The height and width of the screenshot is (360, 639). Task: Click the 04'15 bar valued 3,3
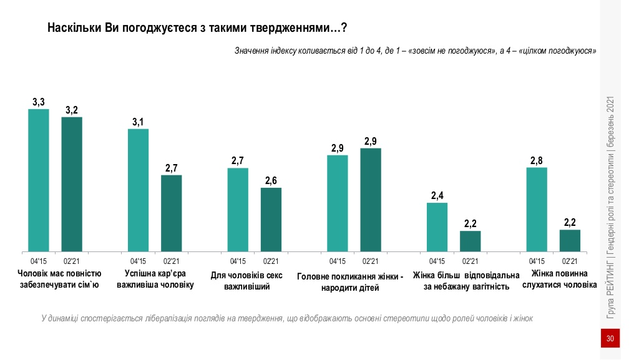[39, 180]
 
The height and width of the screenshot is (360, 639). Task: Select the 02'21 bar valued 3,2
[72, 184]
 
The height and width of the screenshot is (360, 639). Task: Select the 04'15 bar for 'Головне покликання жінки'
[338, 203]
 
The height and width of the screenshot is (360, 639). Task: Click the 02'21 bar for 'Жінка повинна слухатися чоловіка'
[570, 241]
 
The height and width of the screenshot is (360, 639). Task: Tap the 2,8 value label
[537, 161]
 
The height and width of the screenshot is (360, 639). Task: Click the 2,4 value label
[437, 196]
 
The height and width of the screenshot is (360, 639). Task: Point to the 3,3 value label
[39, 102]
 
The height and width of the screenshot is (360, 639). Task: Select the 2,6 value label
[271, 181]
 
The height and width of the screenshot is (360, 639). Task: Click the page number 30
[610, 339]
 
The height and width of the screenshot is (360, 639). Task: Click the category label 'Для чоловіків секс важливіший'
[246, 280]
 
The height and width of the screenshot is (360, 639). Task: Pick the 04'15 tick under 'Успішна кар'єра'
[138, 261]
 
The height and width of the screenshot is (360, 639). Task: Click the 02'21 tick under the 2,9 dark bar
[371, 261]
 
